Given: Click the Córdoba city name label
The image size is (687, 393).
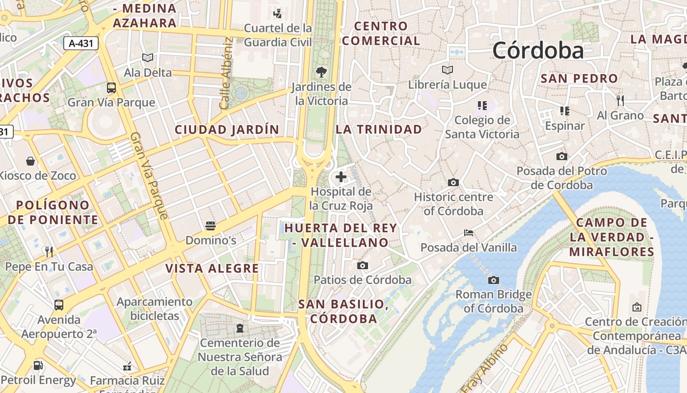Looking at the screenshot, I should pyautogui.click(x=538, y=51).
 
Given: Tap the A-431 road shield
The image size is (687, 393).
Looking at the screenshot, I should pyautogui.click(x=81, y=43).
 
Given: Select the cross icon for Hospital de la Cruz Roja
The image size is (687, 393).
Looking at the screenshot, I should pyautogui.click(x=341, y=177).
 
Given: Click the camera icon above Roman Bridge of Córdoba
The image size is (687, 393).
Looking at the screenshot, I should pyautogui.click(x=494, y=280).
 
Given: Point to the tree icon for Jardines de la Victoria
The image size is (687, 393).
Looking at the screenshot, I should pyautogui.click(x=321, y=72).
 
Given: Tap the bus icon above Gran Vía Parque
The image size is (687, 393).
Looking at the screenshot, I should pyautogui.click(x=111, y=88).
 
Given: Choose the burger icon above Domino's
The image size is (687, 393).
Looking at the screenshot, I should pyautogui.click(x=211, y=226).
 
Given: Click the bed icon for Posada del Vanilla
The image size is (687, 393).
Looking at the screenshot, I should pyautogui.click(x=469, y=232).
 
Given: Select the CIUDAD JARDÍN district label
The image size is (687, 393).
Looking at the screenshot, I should pyautogui.click(x=227, y=130).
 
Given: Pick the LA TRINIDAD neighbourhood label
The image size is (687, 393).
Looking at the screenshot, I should pyautogui.click(x=379, y=129).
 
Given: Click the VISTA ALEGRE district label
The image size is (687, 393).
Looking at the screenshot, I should pyautogui.click(x=212, y=268).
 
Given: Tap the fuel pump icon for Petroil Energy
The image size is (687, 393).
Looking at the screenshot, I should pyautogui.click(x=38, y=365).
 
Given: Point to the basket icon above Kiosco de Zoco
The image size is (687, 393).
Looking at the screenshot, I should pyautogui.click(x=30, y=161).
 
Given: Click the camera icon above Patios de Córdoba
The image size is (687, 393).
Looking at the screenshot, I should pyautogui.click(x=363, y=265).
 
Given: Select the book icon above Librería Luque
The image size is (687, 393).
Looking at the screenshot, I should pyautogui.click(x=447, y=70).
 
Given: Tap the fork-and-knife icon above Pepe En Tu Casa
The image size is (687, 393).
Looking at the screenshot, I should pyautogui.click(x=49, y=252).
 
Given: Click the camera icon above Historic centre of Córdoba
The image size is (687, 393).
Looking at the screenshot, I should pyautogui.click(x=453, y=182).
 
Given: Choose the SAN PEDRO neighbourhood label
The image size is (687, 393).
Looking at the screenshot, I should pyautogui.click(x=579, y=79).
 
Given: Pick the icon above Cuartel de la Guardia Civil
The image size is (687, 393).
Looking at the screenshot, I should pyautogui.click(x=278, y=13).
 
